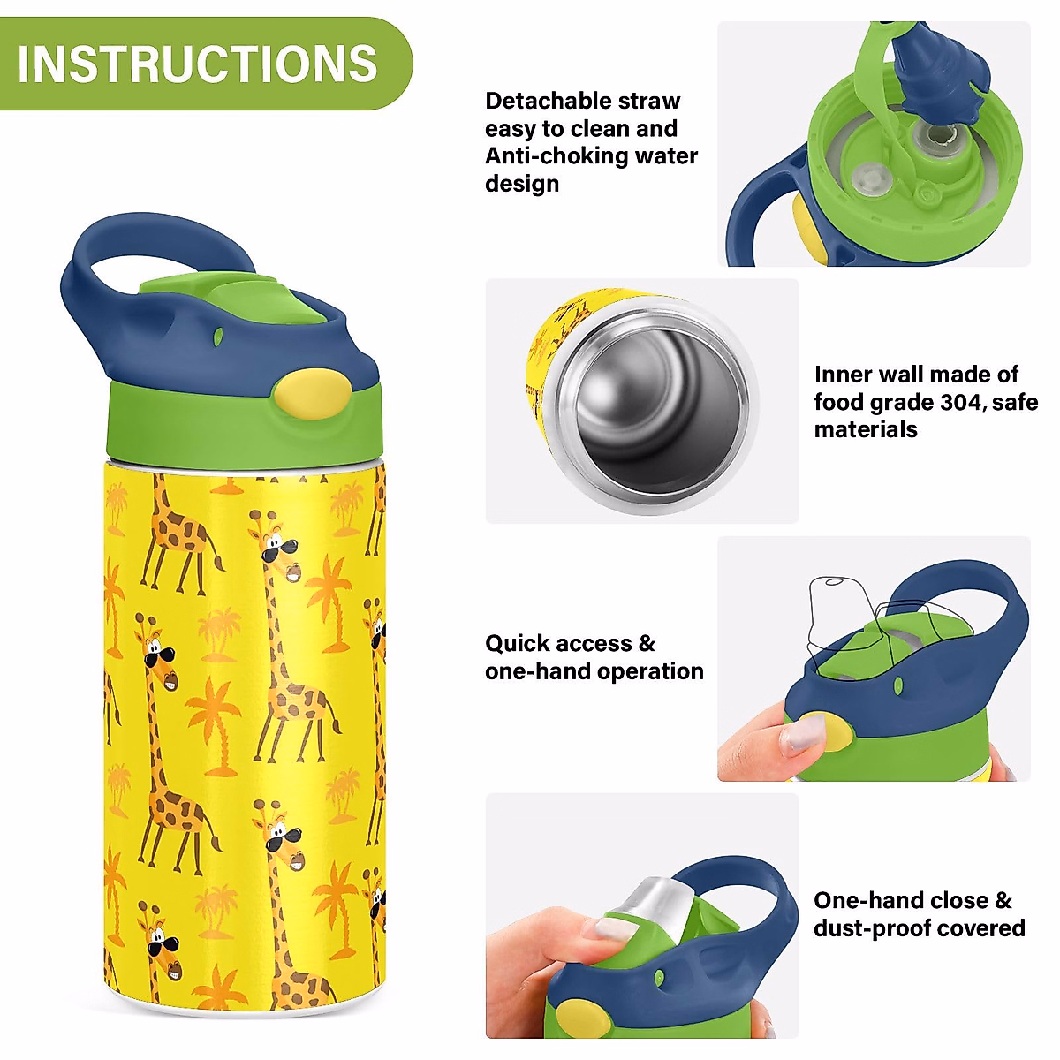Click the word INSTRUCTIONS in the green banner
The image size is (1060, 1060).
point(198,64)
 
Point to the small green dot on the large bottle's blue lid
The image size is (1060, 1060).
point(218,337)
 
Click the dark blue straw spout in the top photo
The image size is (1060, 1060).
point(939,72)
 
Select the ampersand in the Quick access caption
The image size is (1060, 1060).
point(647,644)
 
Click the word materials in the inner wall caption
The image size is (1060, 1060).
point(866,429)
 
